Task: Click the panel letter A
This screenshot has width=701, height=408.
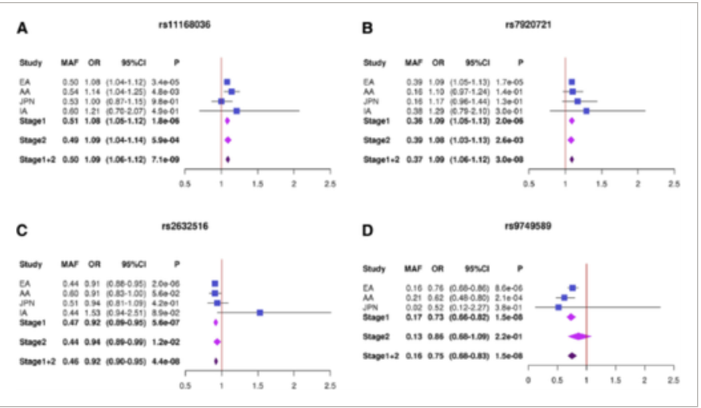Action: tap(23, 29)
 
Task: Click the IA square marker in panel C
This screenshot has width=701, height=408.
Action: tap(260, 312)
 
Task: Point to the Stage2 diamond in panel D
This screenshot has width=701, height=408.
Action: tap(579, 336)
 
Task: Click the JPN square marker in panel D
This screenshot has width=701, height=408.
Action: tap(558, 307)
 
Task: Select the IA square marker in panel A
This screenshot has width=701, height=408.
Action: tap(237, 112)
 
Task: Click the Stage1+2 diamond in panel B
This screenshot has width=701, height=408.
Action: tap(571, 159)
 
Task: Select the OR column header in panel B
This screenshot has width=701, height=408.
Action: tap(437, 63)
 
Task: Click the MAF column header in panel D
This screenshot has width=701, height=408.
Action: tap(414, 268)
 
